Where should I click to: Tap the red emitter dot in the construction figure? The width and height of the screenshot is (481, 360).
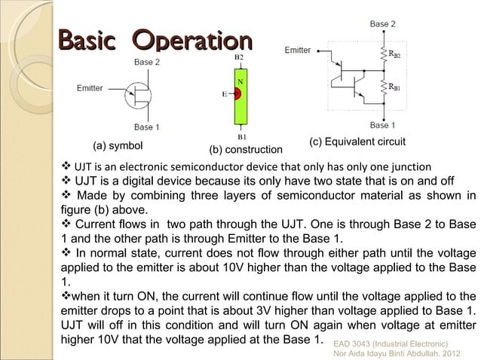pos(237,95)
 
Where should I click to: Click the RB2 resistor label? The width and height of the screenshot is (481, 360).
pos(394,54)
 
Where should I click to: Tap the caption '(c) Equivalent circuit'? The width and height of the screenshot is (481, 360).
pos(358,142)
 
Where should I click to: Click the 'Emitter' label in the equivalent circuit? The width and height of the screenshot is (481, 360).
pos(298,50)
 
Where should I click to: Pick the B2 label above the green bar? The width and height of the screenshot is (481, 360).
pos(239,57)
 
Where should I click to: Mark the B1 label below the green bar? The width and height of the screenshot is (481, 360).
pos(240,137)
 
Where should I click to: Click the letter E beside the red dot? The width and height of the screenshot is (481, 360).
pos(223,95)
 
